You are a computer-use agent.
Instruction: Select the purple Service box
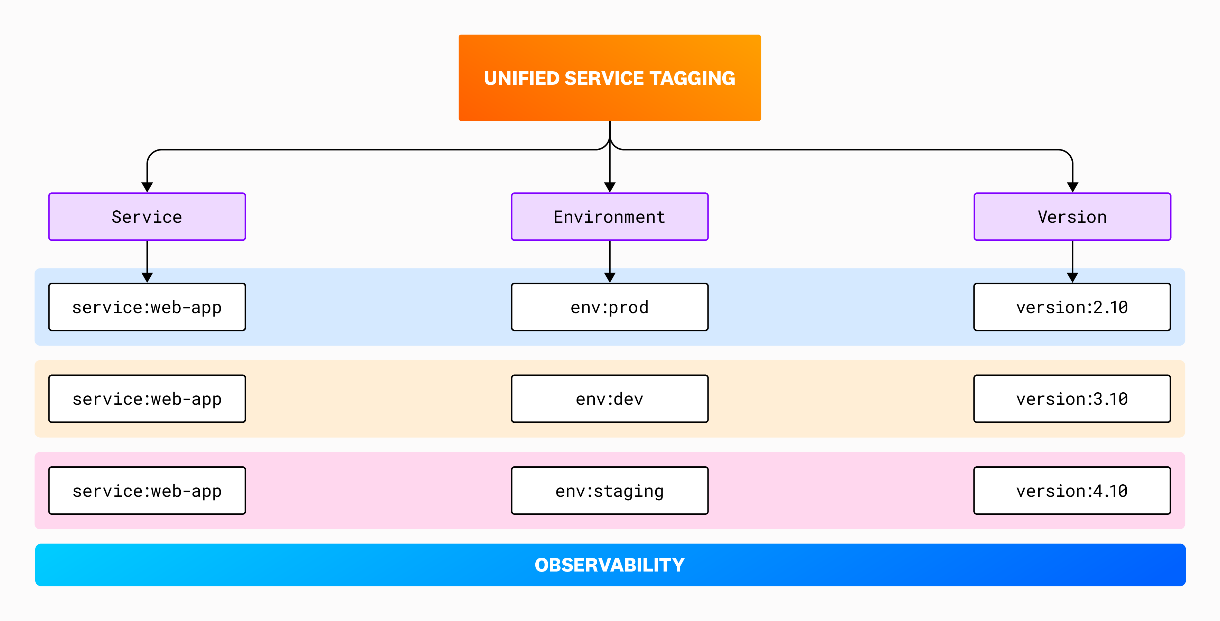point(147,217)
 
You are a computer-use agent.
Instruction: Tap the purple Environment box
point(610,217)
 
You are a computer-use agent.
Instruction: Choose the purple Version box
point(1072,217)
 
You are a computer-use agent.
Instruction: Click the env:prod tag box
point(610,307)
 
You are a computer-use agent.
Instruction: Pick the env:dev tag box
point(610,399)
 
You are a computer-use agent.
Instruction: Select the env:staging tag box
point(610,491)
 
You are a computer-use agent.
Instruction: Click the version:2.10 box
point(1072,307)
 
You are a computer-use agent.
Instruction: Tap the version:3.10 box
point(1072,399)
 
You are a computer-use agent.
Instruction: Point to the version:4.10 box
point(1072,491)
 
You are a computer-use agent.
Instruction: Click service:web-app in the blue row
point(147,307)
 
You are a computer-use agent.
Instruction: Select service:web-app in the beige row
point(147,399)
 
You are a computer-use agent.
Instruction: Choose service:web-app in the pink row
point(147,491)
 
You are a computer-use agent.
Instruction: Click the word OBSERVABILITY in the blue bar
point(610,565)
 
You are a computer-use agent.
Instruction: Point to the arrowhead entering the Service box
point(147,187)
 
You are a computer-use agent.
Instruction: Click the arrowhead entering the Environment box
point(610,187)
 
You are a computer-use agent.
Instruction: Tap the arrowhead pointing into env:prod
point(610,277)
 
